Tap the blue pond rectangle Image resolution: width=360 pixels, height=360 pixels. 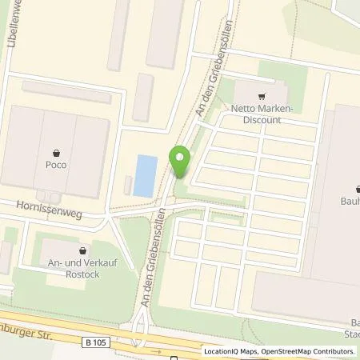coord(143,176)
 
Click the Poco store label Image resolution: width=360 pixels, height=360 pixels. coord(56,165)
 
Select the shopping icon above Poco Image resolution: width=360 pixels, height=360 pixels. coord(56,152)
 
